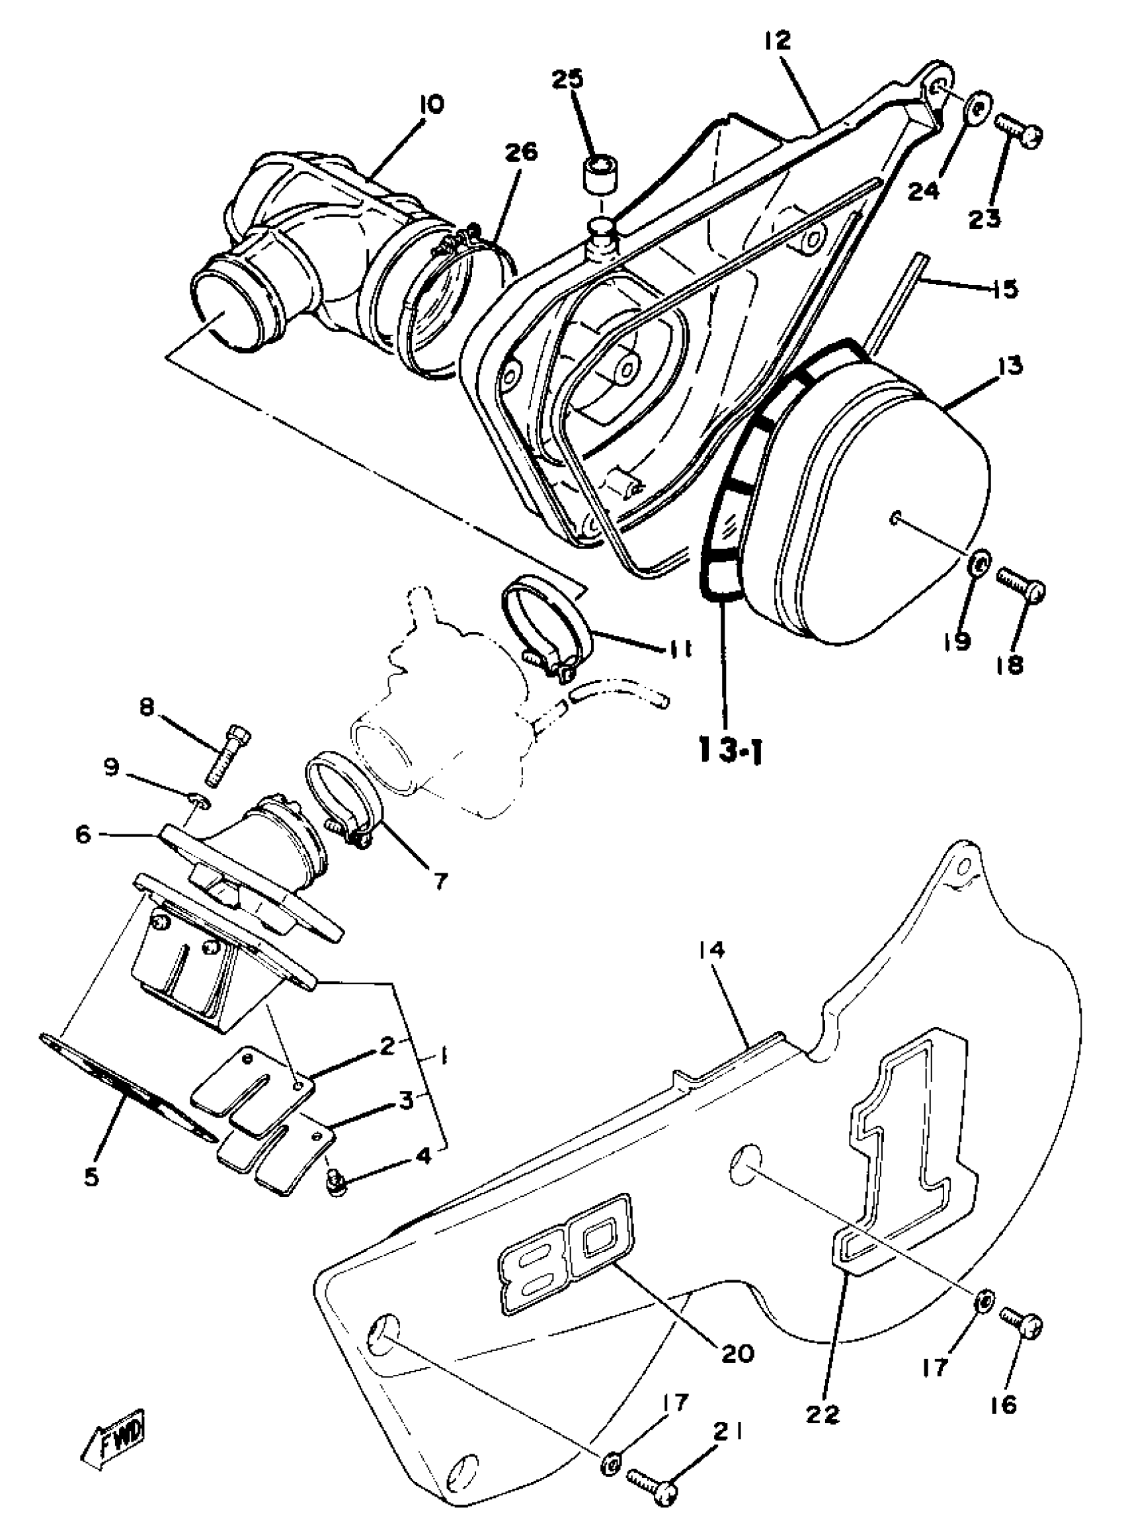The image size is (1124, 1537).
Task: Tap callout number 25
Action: pos(567,80)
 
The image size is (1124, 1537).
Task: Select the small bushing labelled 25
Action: pos(599,174)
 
